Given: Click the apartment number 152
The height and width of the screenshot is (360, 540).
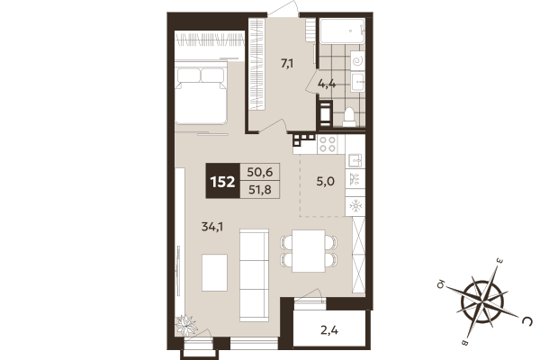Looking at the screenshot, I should pyautogui.click(x=222, y=180).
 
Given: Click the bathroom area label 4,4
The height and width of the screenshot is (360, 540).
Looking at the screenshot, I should pyautogui.click(x=328, y=84).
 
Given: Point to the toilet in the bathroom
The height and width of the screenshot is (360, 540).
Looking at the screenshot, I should pyautogui.click(x=350, y=115).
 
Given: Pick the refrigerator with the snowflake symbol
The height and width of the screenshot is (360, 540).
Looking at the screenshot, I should pyautogui.click(x=354, y=205).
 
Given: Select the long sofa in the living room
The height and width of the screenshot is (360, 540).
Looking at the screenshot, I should pyautogui.click(x=253, y=261).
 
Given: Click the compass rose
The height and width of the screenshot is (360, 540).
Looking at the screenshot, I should pyautogui.click(x=486, y=297).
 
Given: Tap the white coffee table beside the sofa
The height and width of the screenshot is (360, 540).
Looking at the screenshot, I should pyautogui.click(x=214, y=273).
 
